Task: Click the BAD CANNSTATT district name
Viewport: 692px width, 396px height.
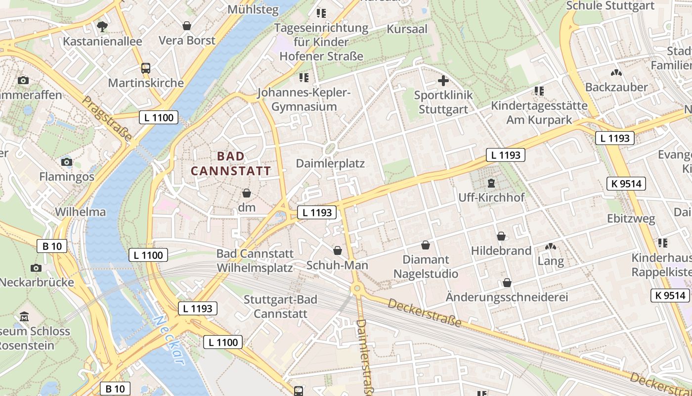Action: click(x=231, y=163)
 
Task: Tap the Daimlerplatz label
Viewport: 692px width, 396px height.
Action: click(x=330, y=163)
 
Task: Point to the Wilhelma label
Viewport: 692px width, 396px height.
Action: click(x=80, y=212)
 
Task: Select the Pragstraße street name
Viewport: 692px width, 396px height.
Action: click(x=107, y=118)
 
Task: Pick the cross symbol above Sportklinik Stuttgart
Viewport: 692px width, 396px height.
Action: click(x=443, y=81)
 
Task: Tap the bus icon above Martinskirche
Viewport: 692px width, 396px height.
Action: click(x=146, y=68)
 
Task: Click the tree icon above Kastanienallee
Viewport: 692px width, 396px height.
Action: click(x=102, y=26)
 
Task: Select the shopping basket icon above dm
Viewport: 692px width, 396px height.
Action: click(x=246, y=193)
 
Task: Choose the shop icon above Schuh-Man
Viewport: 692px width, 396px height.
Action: click(x=338, y=250)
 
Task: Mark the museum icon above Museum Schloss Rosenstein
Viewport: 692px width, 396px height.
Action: click(x=24, y=316)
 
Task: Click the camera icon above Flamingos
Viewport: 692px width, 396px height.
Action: click(x=66, y=162)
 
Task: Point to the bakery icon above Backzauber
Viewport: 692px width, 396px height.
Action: click(x=616, y=73)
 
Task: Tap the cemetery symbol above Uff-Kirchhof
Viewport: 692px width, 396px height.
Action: click(x=491, y=183)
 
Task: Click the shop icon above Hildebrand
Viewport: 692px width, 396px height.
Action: click(x=501, y=236)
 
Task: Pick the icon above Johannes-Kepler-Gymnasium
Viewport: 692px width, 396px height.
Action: click(x=303, y=78)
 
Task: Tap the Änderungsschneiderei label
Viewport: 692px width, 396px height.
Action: click(x=507, y=297)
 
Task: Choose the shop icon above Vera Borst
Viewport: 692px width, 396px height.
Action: click(x=187, y=26)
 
